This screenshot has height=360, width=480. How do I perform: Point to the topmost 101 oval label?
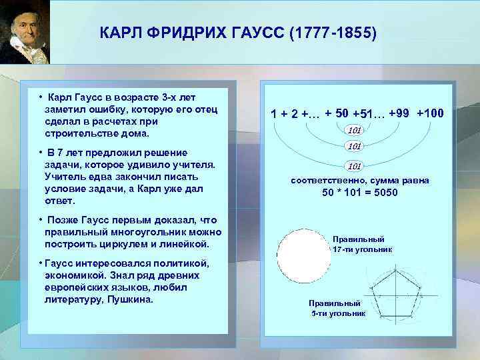click(x=355, y=129)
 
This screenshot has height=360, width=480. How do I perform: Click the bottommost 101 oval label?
click(x=355, y=165)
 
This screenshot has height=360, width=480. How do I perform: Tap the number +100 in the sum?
click(x=430, y=113)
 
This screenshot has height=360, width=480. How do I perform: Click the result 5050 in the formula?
click(x=383, y=193)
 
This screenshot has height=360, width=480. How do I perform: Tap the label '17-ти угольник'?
click(x=362, y=249)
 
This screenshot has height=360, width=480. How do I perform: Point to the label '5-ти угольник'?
click(x=337, y=313)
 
